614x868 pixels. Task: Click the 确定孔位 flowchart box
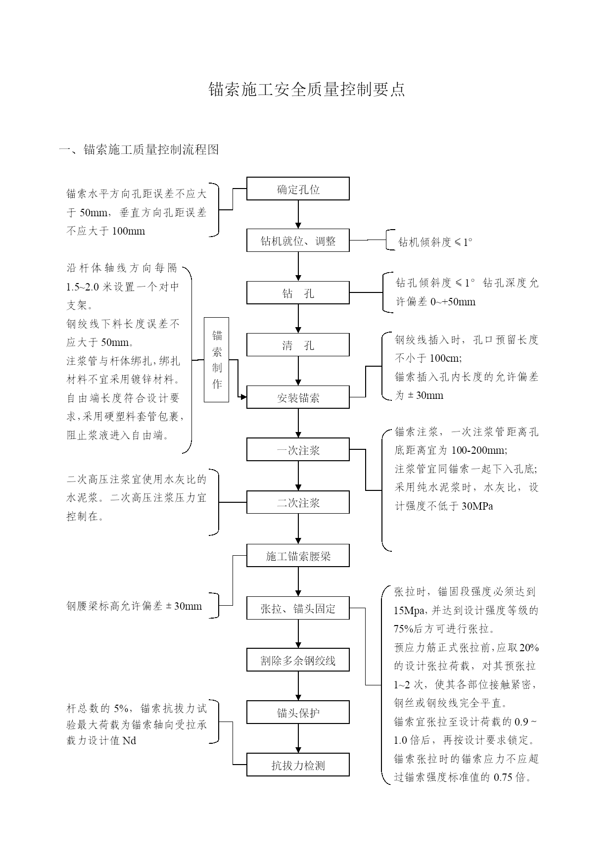click(x=298, y=189)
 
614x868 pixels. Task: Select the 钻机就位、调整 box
click(x=298, y=241)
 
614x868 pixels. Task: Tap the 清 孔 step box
click(x=298, y=345)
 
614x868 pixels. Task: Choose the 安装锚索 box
click(x=298, y=397)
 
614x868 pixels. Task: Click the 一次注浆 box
click(x=298, y=450)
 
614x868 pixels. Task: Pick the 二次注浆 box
click(x=298, y=502)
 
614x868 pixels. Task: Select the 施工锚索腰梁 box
click(x=298, y=556)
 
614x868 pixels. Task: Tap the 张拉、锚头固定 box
click(x=298, y=608)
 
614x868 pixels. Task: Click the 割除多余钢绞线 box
click(x=298, y=660)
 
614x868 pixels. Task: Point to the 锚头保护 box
click(x=298, y=712)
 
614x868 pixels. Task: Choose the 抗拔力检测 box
click(x=298, y=765)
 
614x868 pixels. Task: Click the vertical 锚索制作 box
click(x=217, y=360)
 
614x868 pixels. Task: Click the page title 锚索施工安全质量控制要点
click(x=307, y=89)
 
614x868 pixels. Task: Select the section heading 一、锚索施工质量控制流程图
click(x=139, y=149)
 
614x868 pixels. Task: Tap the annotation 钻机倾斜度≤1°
click(x=435, y=242)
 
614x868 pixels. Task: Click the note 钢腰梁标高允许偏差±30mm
click(x=134, y=606)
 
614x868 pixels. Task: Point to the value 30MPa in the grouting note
click(x=477, y=506)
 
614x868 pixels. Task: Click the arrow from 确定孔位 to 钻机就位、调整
click(x=298, y=214)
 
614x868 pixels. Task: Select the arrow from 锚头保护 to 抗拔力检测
click(x=298, y=738)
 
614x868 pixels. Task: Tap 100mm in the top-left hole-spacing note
click(x=129, y=231)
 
